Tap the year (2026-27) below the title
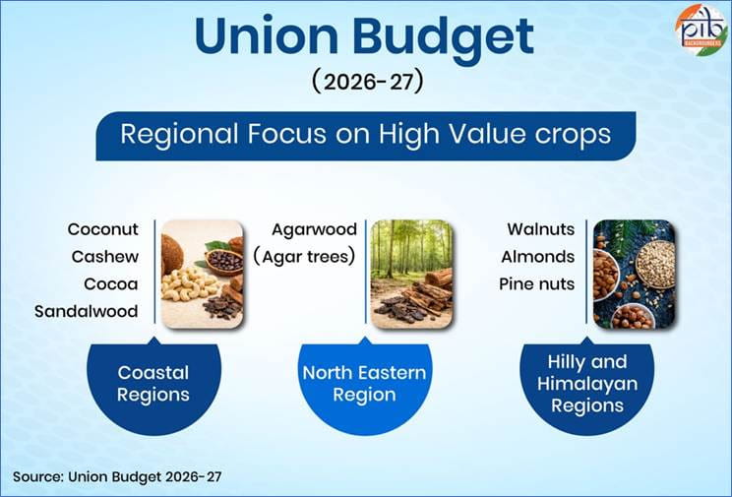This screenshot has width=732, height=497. pyautogui.click(x=366, y=81)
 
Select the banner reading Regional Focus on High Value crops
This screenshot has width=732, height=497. pyautogui.click(x=365, y=135)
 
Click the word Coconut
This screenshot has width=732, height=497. pyautogui.click(x=103, y=229)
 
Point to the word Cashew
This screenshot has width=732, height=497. pyautogui.click(x=104, y=257)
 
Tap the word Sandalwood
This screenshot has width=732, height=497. pyautogui.click(x=87, y=312)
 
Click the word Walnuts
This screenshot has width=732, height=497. pyautogui.click(x=540, y=229)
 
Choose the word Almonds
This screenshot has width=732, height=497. pyautogui.click(x=537, y=257)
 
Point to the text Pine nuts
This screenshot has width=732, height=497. pyautogui.click(x=537, y=284)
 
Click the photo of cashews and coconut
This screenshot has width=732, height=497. pyautogui.click(x=202, y=274)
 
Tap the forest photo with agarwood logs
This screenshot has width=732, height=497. pyautogui.click(x=411, y=274)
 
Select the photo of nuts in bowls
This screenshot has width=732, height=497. pyautogui.click(x=634, y=274)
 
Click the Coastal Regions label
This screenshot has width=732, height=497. pyautogui.click(x=153, y=384)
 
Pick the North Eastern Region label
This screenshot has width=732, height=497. pyautogui.click(x=363, y=384)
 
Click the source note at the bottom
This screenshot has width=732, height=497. pyautogui.click(x=118, y=476)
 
